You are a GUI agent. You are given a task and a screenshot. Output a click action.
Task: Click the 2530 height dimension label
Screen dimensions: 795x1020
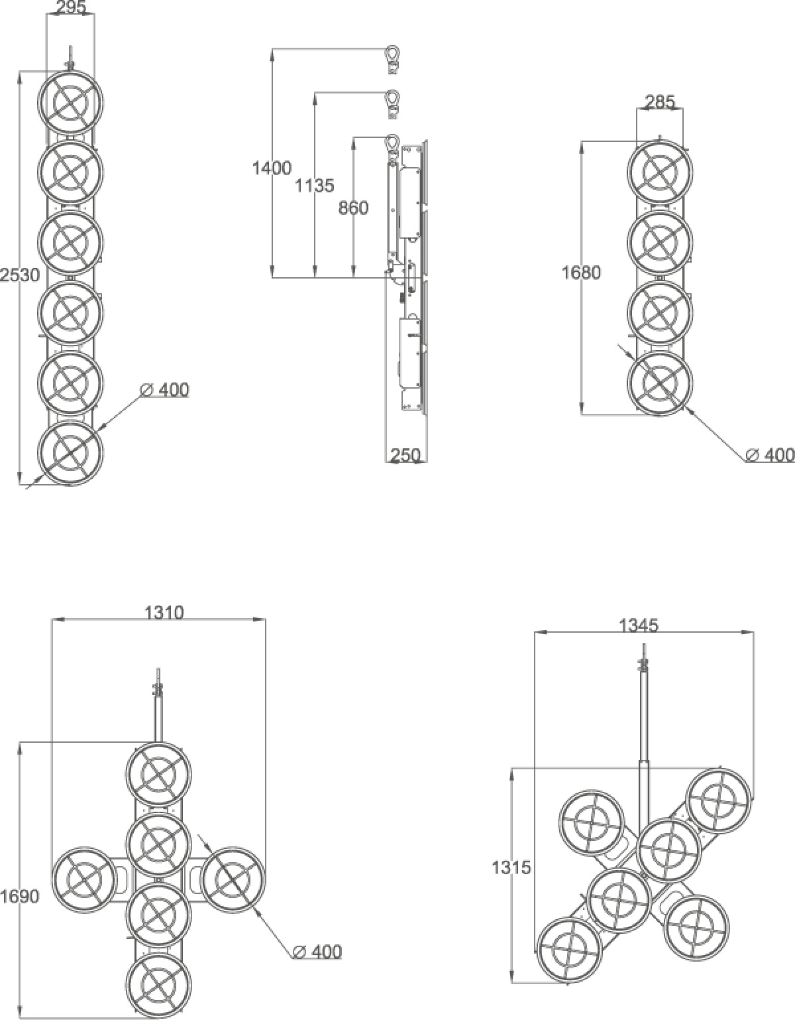(20, 275)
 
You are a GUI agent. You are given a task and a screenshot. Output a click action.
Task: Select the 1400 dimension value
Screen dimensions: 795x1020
(272, 168)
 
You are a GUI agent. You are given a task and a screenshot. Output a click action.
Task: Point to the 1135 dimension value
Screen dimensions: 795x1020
(314, 186)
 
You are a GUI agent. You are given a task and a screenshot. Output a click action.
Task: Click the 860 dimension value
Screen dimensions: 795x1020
(353, 208)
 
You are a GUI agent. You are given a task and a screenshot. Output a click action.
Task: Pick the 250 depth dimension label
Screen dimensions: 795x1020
(405, 455)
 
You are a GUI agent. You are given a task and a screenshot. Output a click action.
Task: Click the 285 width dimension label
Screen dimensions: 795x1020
(660, 102)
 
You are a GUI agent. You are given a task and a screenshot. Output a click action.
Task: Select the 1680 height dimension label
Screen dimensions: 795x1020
(581, 273)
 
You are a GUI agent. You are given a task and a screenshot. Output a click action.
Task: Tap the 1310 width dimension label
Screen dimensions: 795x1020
(164, 612)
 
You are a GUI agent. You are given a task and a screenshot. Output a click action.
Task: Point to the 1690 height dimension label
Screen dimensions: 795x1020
(20, 897)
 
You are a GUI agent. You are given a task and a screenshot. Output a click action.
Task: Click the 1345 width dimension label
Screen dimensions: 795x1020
(639, 625)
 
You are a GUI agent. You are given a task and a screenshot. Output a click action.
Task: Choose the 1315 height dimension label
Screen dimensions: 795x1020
(511, 867)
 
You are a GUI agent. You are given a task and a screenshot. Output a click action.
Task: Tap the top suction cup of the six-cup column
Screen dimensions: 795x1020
(70, 102)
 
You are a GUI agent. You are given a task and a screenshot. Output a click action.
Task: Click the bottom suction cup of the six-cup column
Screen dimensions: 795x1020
(70, 452)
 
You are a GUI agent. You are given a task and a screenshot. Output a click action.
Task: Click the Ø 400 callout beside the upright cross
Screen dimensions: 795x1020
(317, 961)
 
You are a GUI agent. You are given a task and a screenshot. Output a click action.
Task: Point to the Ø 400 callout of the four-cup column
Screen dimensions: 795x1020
(770, 454)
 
